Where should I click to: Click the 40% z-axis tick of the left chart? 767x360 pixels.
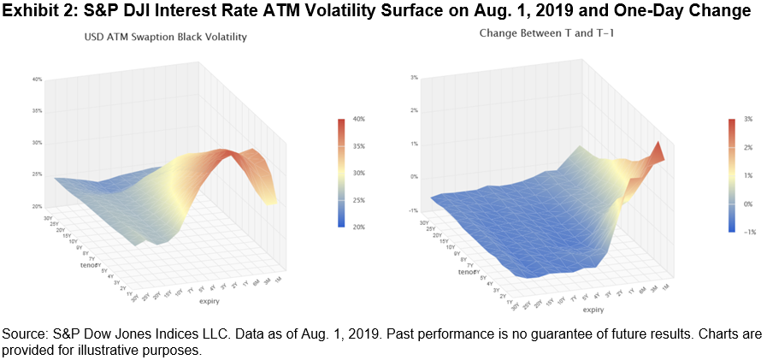(38, 80)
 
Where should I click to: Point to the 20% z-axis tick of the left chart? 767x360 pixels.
(38, 206)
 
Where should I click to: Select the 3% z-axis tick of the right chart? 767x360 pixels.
(413, 78)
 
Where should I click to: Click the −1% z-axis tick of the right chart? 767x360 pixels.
(413, 210)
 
